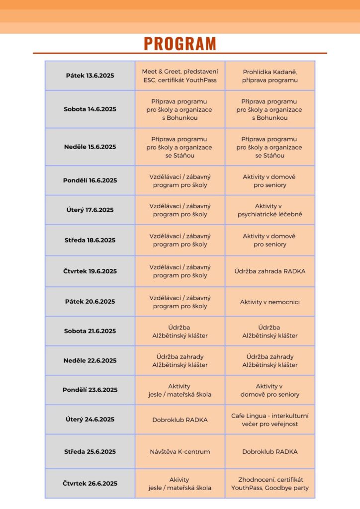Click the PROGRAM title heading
click(x=180, y=44)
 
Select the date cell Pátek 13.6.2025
click(x=90, y=76)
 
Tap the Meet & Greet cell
click(x=180, y=76)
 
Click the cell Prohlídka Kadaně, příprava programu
click(x=270, y=76)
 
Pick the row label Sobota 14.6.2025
click(x=90, y=109)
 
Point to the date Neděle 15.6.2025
click(x=90, y=147)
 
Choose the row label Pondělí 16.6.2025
click(x=90, y=180)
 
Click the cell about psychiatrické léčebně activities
click(x=270, y=210)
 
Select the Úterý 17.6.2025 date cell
click(x=90, y=210)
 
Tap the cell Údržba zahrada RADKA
click(x=270, y=271)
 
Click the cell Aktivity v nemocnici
click(x=270, y=302)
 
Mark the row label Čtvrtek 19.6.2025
click(x=90, y=271)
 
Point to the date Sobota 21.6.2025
click(x=90, y=331)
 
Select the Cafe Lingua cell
click(x=270, y=420)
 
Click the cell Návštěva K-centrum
click(x=180, y=452)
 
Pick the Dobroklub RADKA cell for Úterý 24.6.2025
click(x=180, y=420)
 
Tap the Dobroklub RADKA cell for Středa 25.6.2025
click(x=270, y=452)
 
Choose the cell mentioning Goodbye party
click(x=270, y=484)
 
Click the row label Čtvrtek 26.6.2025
click(x=90, y=484)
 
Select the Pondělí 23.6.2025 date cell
click(x=90, y=390)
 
